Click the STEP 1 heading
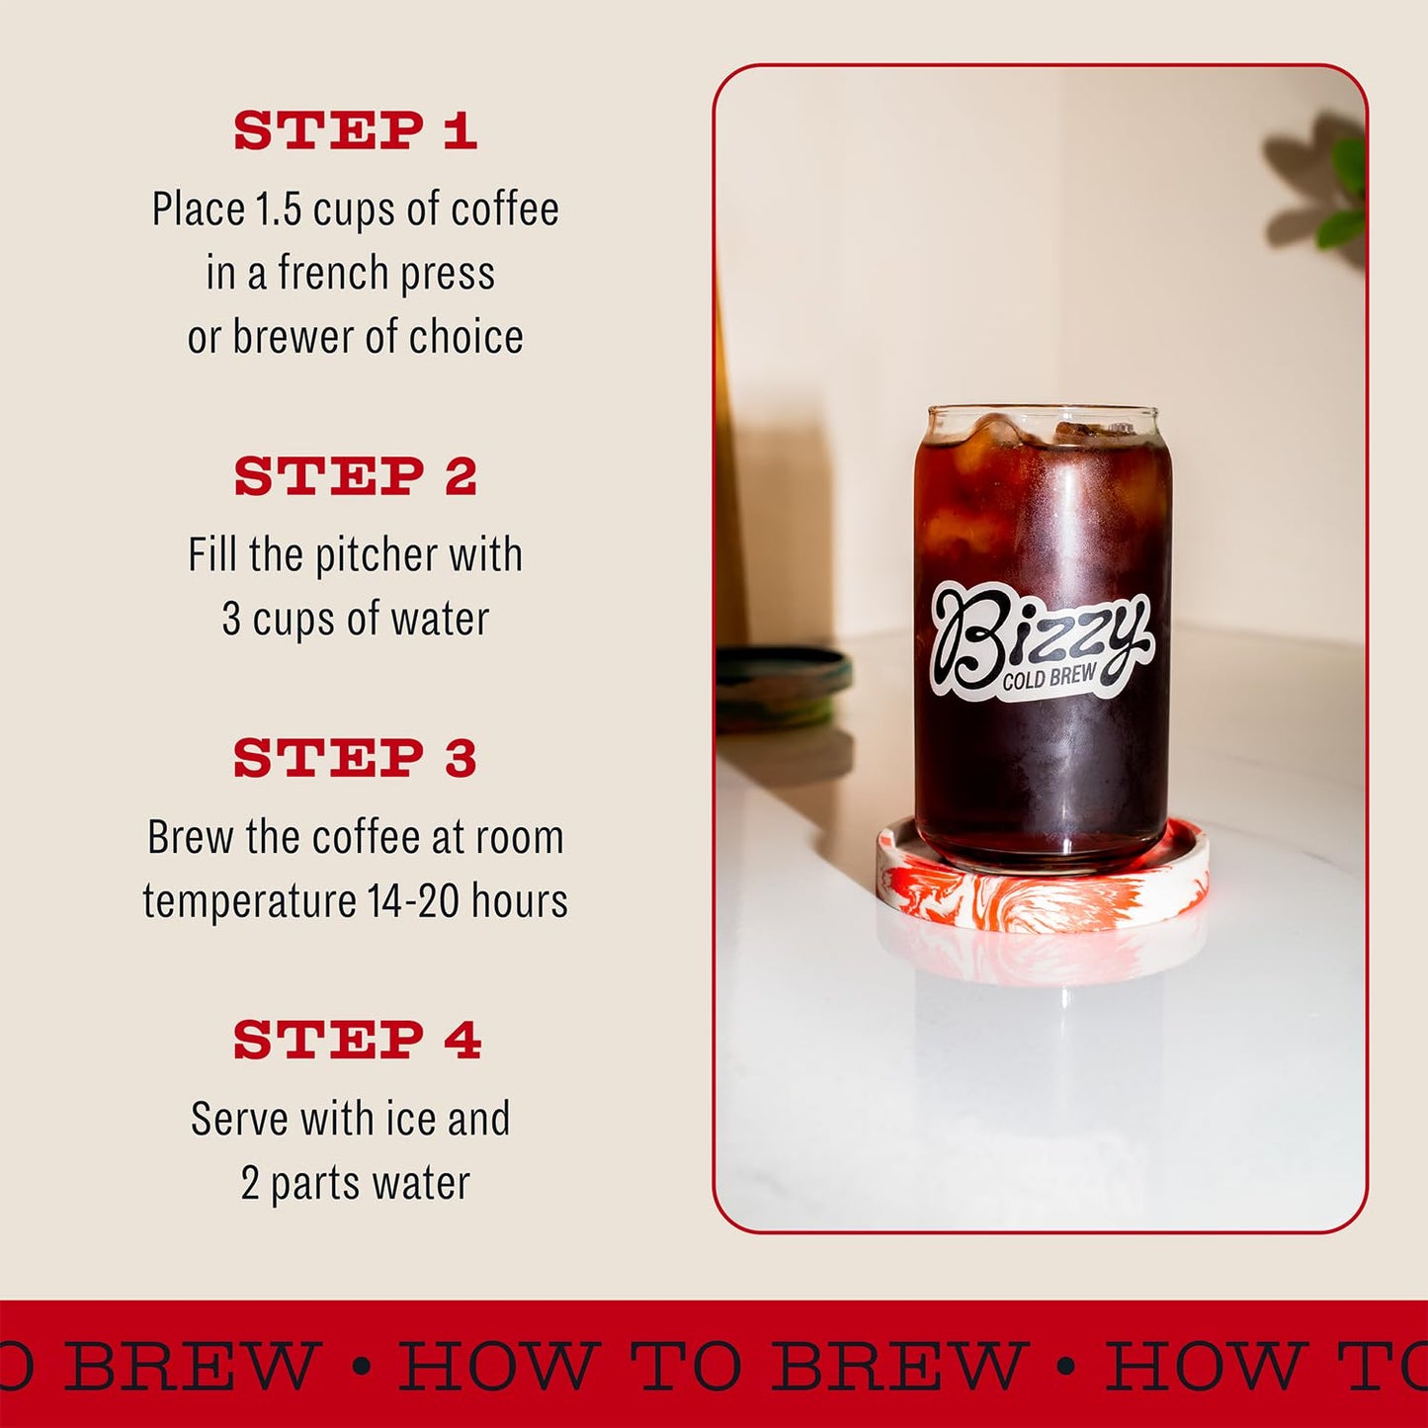(356, 130)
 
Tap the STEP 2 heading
(356, 476)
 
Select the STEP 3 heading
(356, 758)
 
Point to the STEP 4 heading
(357, 1040)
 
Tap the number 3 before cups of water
(231, 620)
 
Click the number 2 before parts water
(250, 1184)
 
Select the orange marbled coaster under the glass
(1043, 889)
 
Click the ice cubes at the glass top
(1043, 435)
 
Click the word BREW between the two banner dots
(897, 1366)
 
